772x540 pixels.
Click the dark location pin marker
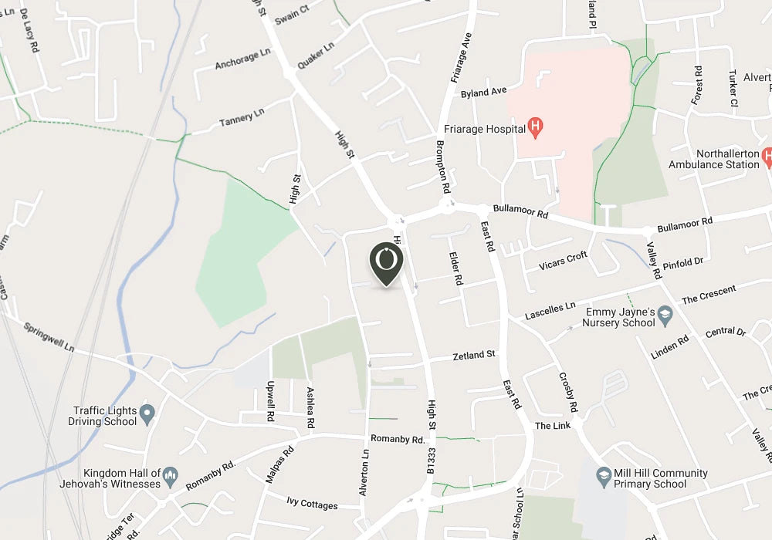click(x=386, y=262)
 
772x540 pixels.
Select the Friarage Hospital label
click(x=484, y=129)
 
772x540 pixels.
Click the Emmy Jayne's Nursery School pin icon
click(x=665, y=315)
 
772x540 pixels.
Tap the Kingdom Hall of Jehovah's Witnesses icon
click(x=171, y=478)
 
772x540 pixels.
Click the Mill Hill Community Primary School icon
click(x=604, y=478)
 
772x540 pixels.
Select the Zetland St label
click(x=473, y=356)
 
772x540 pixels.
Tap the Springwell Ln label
click(x=48, y=337)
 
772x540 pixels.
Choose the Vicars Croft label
click(x=563, y=261)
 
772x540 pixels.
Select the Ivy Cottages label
click(x=312, y=505)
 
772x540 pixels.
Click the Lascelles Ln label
click(x=550, y=311)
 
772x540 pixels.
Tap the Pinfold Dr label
click(x=682, y=263)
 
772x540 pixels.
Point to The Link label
click(x=553, y=426)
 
